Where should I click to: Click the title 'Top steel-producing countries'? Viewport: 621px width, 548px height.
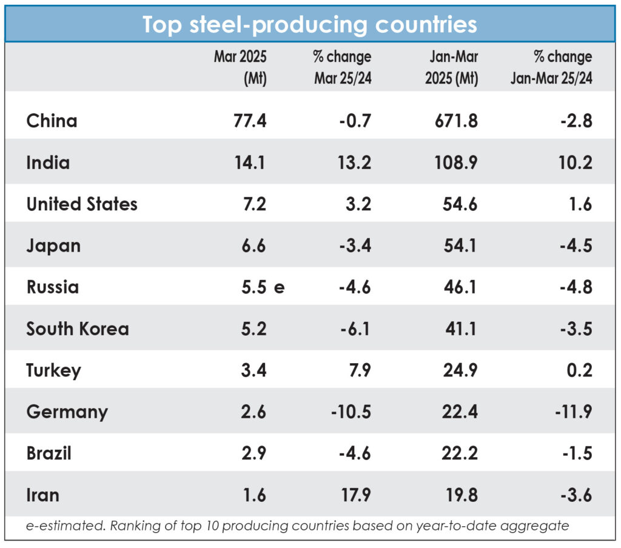(x=310, y=24)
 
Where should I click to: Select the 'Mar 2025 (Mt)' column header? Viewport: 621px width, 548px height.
(x=240, y=68)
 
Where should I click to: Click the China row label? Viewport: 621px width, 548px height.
(x=52, y=121)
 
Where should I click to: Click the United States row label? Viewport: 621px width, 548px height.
(x=82, y=204)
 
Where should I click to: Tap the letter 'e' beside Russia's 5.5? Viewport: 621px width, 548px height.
(x=279, y=287)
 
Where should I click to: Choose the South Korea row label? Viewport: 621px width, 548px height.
(x=78, y=329)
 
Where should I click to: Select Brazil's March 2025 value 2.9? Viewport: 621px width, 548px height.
(x=253, y=453)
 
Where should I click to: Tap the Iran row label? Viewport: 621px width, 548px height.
(x=42, y=495)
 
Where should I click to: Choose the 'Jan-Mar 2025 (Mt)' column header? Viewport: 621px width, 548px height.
(x=451, y=68)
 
